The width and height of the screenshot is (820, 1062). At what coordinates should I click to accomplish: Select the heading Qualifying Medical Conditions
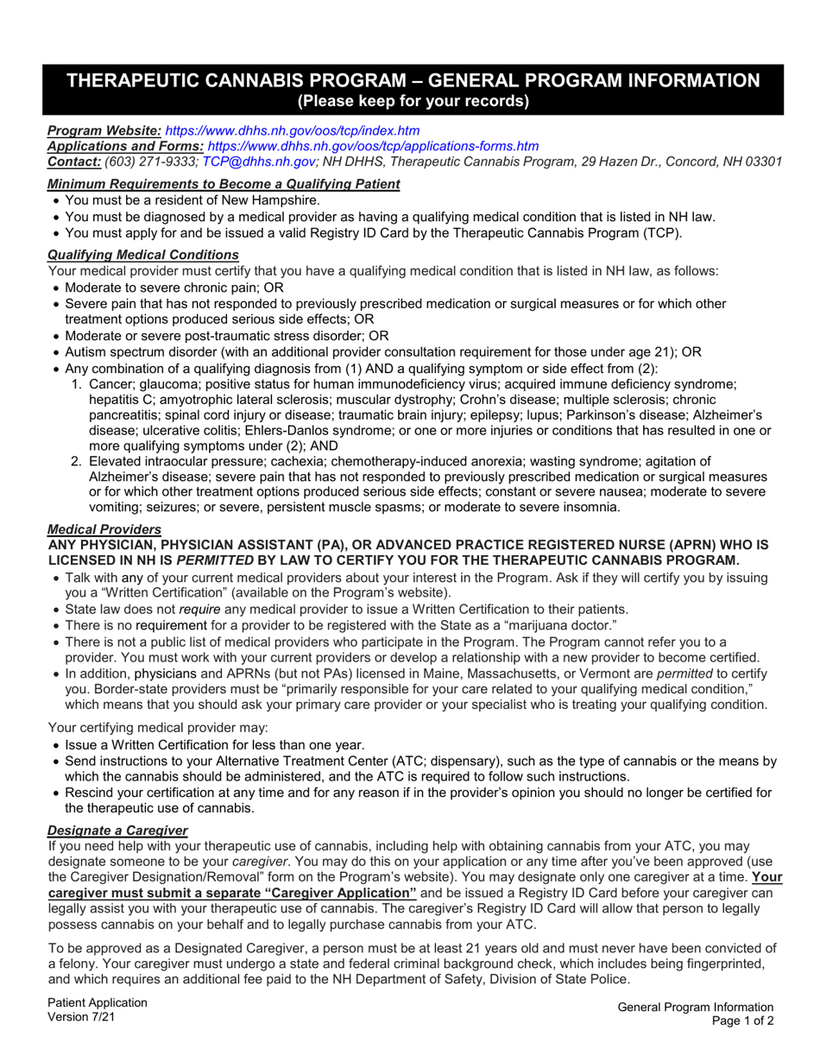click(x=142, y=255)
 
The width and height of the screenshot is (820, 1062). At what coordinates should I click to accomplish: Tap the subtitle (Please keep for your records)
click(x=413, y=102)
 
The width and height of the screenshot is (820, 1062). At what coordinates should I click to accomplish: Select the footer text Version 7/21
click(x=79, y=1017)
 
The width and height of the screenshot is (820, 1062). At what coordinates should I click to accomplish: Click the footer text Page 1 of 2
click(x=742, y=1021)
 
